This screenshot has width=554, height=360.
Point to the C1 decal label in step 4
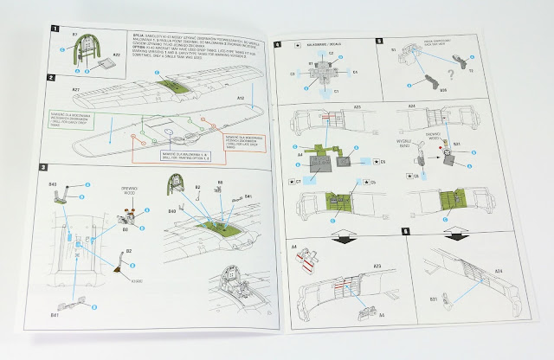coord(335,89)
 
